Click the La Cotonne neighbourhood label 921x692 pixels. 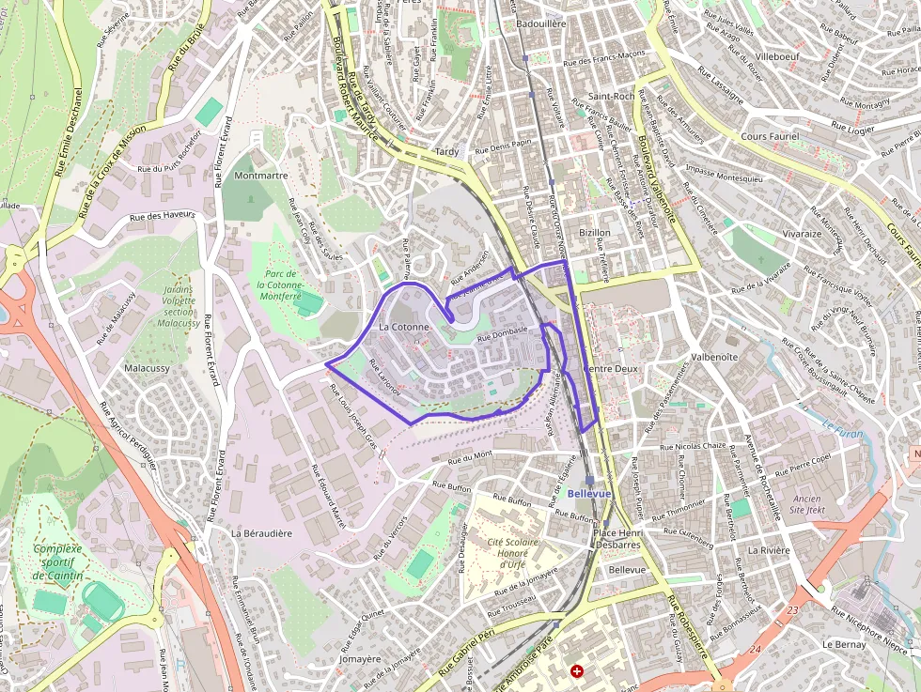tap(403, 327)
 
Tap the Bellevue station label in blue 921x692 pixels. tap(589, 493)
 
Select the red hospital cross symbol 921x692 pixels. tap(577, 671)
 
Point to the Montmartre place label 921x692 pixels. tap(260, 176)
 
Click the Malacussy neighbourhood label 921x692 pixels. tap(147, 368)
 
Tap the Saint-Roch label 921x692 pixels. tap(611, 96)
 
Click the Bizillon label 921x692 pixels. tap(595, 232)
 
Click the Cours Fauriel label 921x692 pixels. tap(769, 136)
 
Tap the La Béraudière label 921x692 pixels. tap(261, 532)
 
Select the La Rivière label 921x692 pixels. tap(767, 549)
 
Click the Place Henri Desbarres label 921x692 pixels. tap(617, 538)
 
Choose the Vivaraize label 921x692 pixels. tap(802, 234)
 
